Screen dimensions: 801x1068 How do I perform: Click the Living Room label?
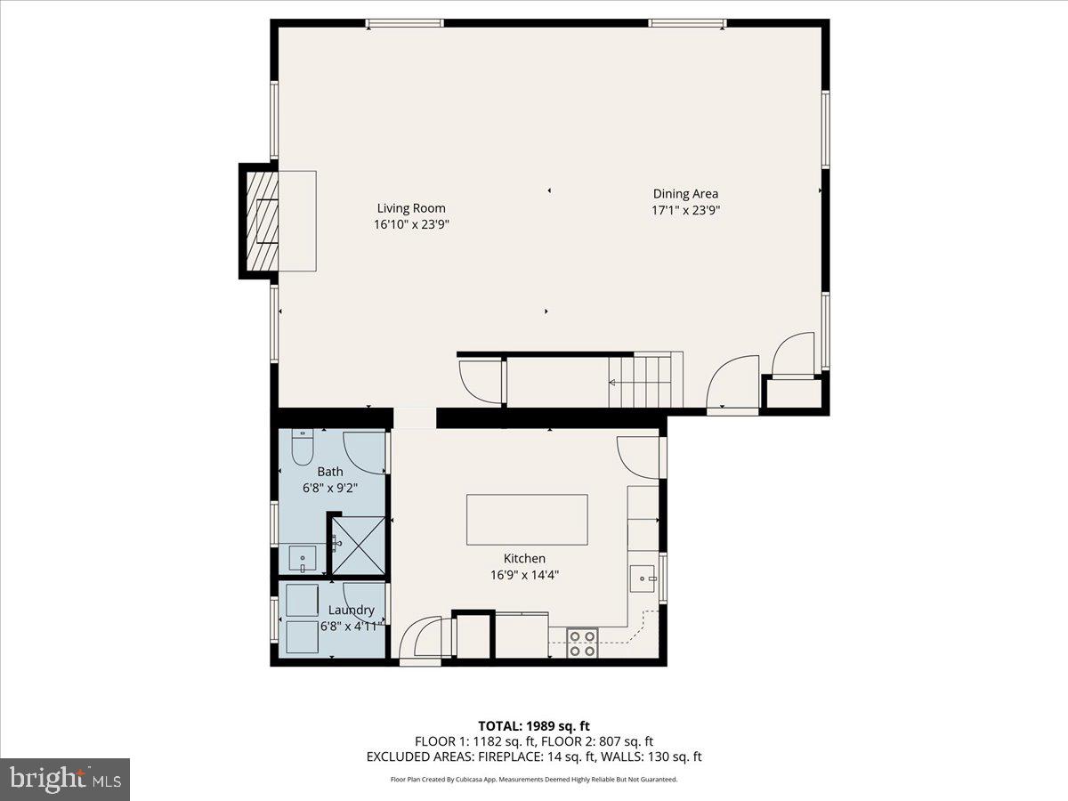410,208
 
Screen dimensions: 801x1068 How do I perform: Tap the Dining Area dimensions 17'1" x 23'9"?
685,211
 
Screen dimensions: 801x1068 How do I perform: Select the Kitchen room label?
524,558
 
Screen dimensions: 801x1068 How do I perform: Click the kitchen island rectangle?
527,520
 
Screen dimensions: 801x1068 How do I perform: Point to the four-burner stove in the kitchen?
583,643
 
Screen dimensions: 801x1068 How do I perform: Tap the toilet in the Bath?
301,447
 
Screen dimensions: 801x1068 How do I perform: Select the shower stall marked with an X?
358,546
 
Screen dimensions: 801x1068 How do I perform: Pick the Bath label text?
329,472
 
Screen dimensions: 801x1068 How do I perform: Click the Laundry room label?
351,610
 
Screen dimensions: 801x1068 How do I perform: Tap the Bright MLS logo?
65,780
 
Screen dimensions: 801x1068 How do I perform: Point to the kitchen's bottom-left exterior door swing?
420,638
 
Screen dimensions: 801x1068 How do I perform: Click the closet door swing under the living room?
481,381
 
